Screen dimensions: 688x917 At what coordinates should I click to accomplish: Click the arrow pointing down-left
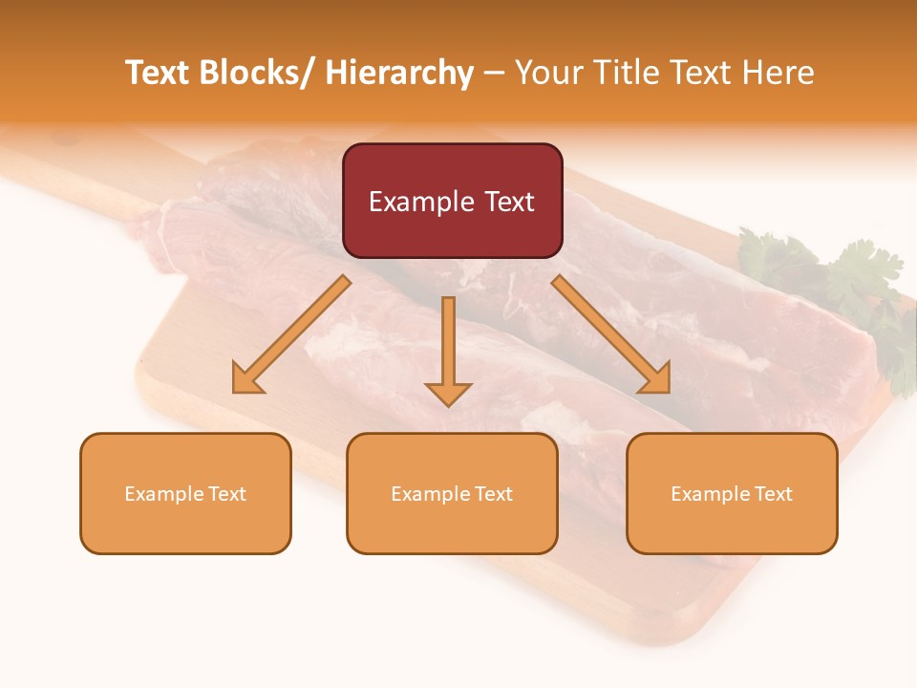292,333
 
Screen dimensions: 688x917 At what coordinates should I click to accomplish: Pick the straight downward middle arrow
448,350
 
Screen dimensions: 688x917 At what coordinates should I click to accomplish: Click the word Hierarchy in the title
399,73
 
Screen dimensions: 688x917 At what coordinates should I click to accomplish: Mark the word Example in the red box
421,202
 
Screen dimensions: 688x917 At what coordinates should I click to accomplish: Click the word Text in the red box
509,202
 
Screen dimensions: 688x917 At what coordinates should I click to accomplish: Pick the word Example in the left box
163,494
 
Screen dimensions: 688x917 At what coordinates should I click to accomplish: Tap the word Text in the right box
773,494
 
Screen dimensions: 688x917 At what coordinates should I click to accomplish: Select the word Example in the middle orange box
430,494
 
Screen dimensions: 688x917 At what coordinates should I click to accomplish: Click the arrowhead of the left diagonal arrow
246,379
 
